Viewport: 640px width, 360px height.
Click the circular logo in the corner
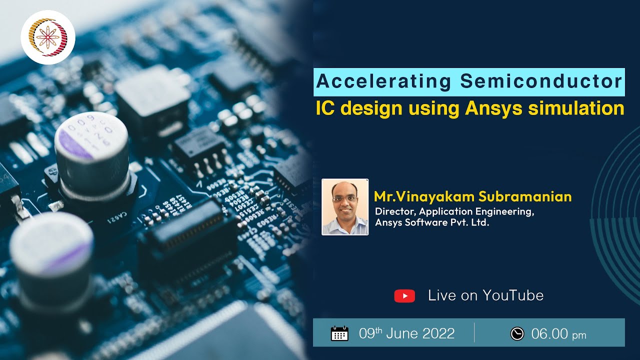[48, 37]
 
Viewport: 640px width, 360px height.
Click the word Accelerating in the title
[383, 81]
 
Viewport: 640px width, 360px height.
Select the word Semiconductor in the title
[541, 81]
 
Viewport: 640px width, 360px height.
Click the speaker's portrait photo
[345, 206]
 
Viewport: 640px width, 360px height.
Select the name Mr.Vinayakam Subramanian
[472, 196]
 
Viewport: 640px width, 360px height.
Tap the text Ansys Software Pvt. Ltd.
[432, 223]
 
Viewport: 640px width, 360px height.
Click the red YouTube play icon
[404, 296]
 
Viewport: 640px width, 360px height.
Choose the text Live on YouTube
[485, 295]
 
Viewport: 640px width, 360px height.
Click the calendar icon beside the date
[340, 333]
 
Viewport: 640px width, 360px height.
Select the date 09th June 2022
[407, 333]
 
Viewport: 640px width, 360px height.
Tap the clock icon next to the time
[517, 333]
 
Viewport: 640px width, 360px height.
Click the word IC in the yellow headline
[324, 108]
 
